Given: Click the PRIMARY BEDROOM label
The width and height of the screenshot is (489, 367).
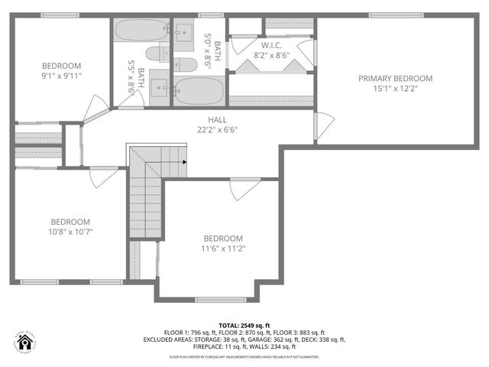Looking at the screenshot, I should coord(395,78).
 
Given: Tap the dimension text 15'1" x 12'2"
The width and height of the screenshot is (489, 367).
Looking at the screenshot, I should coord(395,88).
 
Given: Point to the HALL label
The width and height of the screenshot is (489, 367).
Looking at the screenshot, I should coord(217,119).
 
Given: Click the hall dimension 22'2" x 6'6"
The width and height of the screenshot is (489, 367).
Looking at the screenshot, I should coord(217,129).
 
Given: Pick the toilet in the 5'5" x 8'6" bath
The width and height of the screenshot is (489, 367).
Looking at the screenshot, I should coord(154,54).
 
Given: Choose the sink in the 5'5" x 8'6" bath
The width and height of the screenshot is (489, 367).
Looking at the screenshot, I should coord(159,86).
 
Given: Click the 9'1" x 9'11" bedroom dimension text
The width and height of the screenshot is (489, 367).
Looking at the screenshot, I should coord(61,76).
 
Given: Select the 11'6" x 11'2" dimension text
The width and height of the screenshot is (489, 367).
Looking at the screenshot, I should coord(223,248).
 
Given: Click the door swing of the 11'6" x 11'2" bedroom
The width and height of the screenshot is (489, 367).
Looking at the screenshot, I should coord(244,190).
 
